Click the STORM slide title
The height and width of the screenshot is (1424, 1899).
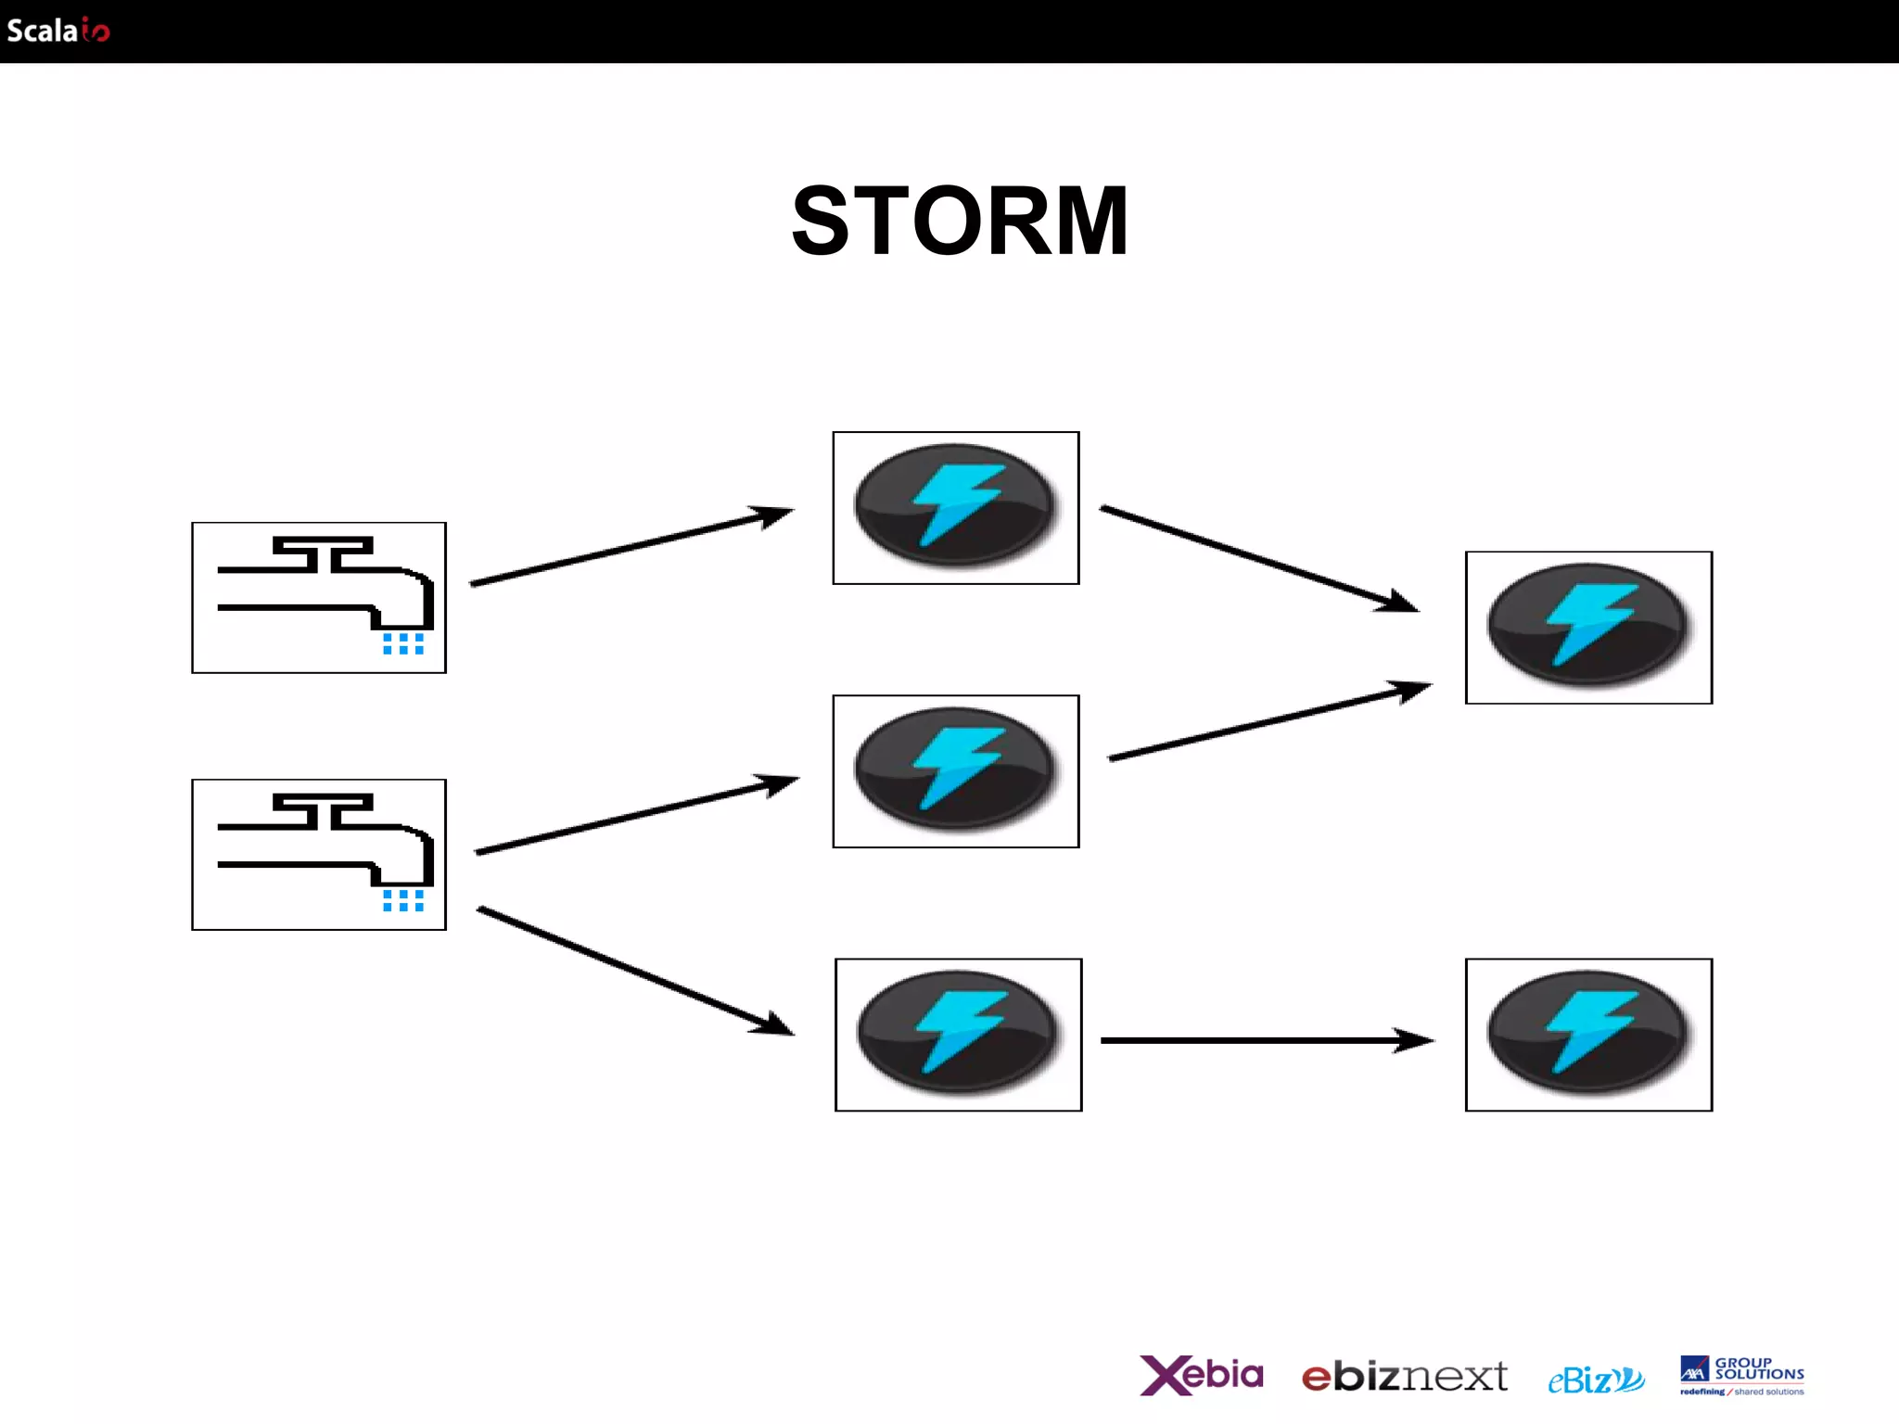(x=960, y=222)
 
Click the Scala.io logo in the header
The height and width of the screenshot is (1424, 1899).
(x=57, y=31)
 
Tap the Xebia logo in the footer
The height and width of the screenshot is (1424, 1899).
(x=1201, y=1375)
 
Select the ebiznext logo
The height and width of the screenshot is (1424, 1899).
(x=1404, y=1377)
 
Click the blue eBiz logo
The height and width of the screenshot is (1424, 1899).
(x=1595, y=1379)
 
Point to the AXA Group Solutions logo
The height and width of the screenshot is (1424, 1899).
(x=1741, y=1375)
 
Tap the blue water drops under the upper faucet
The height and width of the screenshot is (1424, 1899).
(x=403, y=643)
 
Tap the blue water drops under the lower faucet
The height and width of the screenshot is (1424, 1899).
(x=403, y=900)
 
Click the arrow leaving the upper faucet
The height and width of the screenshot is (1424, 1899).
(x=631, y=547)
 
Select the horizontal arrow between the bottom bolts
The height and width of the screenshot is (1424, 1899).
(x=1266, y=1040)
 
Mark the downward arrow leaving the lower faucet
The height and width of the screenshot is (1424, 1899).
(x=635, y=971)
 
